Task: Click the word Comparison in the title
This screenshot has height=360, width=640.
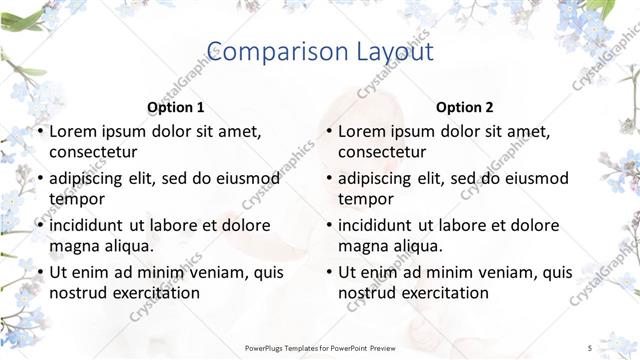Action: [265, 52]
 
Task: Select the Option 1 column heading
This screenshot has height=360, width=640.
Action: [176, 107]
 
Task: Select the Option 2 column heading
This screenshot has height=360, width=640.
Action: [465, 107]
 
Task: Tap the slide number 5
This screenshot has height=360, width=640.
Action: [590, 347]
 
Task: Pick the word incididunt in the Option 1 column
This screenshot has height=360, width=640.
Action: [93, 225]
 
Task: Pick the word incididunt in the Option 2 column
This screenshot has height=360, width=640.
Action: [382, 225]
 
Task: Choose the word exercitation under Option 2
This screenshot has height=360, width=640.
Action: [442, 293]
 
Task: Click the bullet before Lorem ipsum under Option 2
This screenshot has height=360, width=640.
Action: [329, 132]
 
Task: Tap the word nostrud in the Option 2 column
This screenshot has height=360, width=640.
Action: [366, 293]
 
